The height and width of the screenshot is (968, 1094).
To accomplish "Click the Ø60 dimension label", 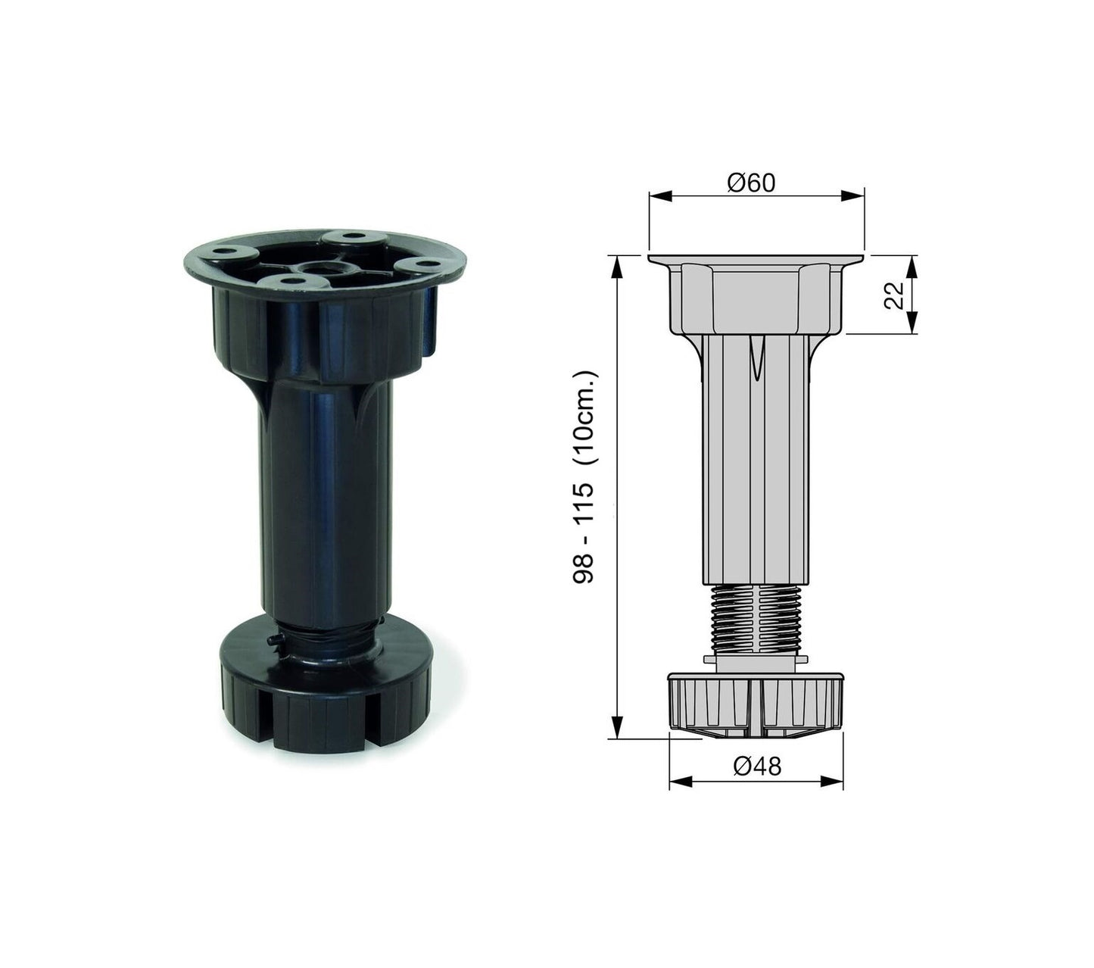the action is (750, 183).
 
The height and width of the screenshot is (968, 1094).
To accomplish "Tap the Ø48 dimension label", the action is (757, 766).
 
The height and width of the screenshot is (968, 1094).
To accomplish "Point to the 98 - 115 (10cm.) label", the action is (584, 477).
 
